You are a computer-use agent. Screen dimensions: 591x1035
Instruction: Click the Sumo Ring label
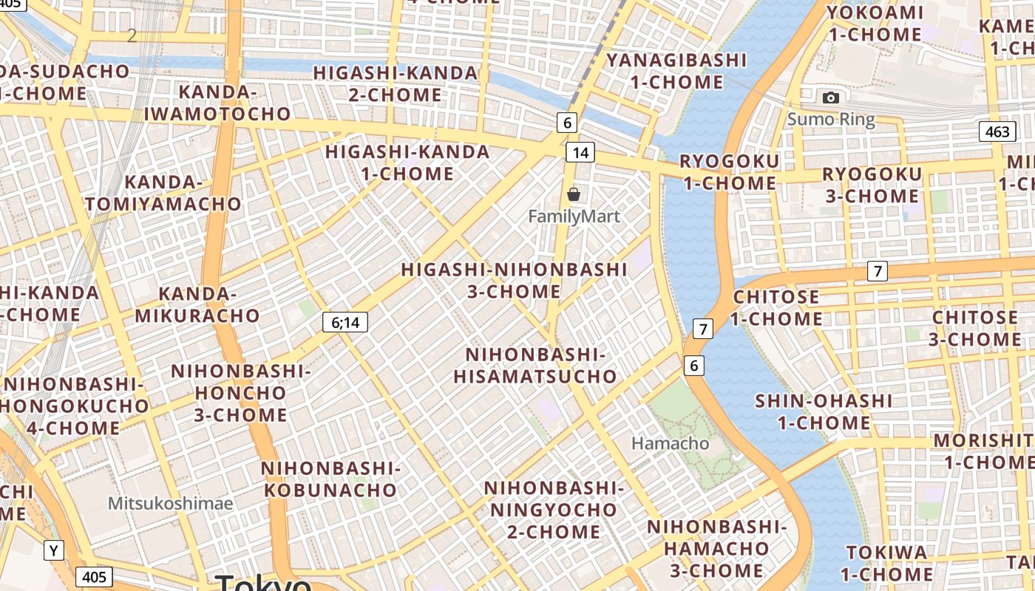(830, 119)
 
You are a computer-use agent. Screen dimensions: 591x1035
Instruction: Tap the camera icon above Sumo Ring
(830, 98)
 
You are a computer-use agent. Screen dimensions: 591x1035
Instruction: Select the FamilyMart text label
(574, 216)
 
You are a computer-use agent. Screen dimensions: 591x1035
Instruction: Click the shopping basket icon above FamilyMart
(573, 194)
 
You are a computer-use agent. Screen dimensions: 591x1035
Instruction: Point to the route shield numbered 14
(580, 152)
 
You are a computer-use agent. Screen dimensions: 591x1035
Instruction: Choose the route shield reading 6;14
(345, 322)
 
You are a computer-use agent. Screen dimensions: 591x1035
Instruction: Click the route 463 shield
(997, 132)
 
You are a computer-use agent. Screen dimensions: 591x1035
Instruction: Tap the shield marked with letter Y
(53, 550)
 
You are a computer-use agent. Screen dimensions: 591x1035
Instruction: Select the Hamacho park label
(670, 443)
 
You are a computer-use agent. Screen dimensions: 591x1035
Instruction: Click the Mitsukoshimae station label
(170, 504)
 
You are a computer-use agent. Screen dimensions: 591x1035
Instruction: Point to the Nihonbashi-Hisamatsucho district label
(535, 366)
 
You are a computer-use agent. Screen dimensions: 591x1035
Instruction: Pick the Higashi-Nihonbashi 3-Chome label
(514, 280)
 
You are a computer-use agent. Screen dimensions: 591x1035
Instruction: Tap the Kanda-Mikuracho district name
(197, 305)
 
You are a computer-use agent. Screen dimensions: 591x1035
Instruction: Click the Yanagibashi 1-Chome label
(676, 71)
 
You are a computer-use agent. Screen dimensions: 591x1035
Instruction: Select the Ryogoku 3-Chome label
(872, 185)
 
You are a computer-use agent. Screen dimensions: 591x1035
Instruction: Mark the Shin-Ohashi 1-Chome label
(824, 412)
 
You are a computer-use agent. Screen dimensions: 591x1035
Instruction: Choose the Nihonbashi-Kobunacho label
(330, 479)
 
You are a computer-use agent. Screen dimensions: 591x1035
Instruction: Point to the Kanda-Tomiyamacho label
(163, 193)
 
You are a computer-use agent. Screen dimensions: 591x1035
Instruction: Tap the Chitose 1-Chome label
(776, 308)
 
